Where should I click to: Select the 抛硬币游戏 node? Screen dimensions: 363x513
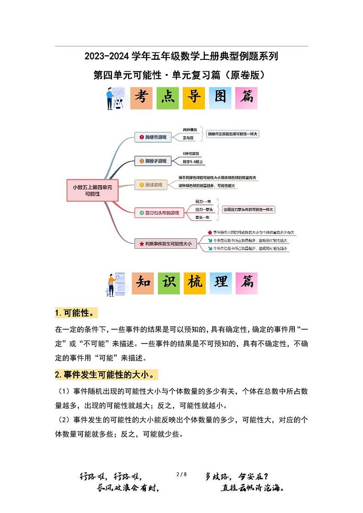[153, 137]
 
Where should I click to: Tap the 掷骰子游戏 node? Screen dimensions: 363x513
[153, 161]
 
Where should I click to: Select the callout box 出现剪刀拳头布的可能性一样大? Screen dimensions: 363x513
[248, 209]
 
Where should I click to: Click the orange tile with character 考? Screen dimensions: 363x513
[141, 98]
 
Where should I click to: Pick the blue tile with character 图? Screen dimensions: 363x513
[220, 98]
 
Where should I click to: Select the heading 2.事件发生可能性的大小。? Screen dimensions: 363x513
[107, 375]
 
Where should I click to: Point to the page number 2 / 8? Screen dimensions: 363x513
[181, 475]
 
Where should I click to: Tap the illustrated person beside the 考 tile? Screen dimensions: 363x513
[114, 98]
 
